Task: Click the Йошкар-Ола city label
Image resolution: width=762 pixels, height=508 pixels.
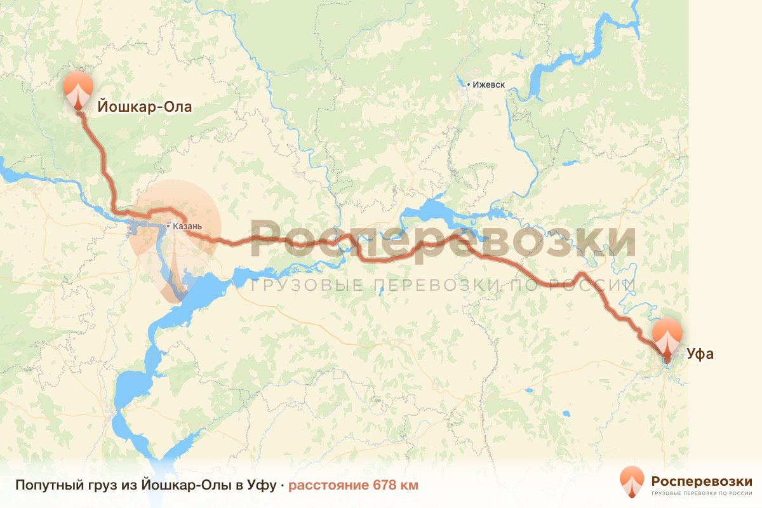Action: (144, 107)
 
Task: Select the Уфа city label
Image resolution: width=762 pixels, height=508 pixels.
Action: (698, 354)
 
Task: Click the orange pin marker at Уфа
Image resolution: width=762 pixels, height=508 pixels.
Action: (667, 335)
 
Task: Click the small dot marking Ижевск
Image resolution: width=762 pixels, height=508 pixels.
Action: (469, 84)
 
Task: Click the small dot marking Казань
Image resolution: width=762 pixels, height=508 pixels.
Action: (168, 226)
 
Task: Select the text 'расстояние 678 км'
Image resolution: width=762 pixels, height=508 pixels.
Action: (353, 486)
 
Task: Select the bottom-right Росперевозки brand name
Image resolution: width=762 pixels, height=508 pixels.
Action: (702, 480)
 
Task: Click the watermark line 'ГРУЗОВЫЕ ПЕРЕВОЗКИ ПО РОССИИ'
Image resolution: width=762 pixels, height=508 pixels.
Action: (443, 285)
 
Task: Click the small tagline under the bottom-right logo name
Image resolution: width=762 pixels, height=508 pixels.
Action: (702, 493)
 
